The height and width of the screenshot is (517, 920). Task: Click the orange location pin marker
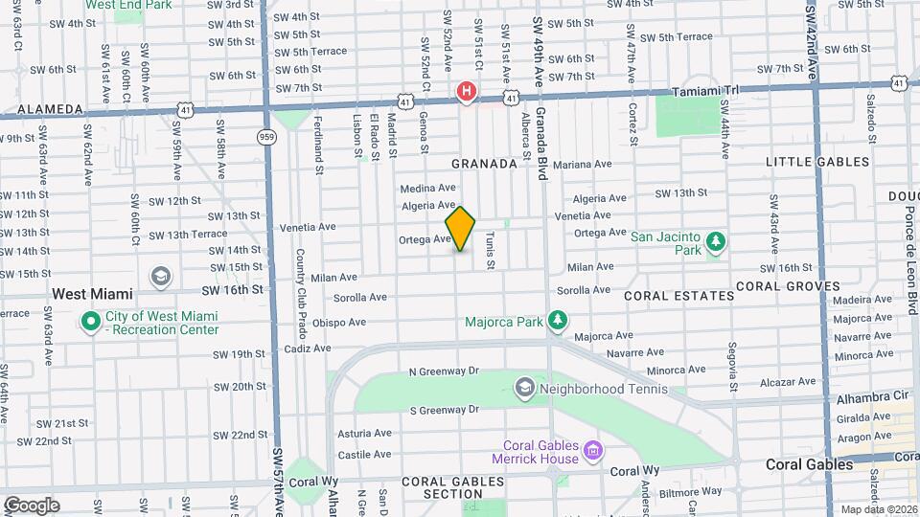460,229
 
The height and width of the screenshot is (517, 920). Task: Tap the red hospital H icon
467,91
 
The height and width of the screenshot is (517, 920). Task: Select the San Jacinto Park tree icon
716,242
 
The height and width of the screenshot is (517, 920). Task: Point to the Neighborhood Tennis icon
524,388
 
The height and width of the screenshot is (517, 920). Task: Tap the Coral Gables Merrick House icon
592,449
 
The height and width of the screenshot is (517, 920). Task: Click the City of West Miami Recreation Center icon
91,322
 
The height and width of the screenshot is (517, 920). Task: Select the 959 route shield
265,137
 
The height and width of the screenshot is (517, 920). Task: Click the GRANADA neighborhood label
484,164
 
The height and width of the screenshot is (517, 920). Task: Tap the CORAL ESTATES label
678,296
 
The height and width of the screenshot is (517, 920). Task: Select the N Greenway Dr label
443,371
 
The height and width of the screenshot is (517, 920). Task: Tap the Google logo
31,505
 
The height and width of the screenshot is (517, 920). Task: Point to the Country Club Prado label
300,279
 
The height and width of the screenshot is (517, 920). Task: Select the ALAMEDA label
37,109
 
